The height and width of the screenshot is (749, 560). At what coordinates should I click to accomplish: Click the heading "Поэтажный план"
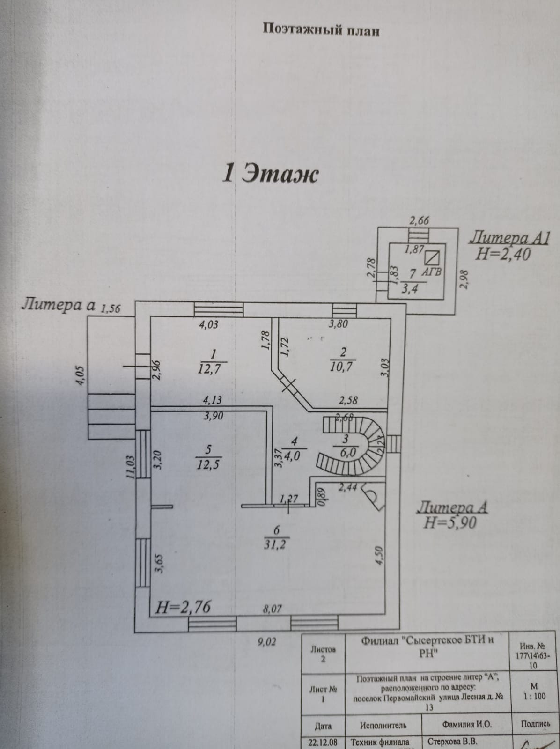(321, 30)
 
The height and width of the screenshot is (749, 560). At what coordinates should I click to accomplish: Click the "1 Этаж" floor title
(270, 174)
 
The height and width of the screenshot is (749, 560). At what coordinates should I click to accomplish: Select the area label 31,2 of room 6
(276, 544)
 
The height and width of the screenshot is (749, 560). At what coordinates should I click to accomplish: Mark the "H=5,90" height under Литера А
(449, 522)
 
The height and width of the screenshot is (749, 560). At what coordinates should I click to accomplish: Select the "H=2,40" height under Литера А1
(503, 254)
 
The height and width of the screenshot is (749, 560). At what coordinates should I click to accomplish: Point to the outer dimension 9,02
(267, 642)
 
